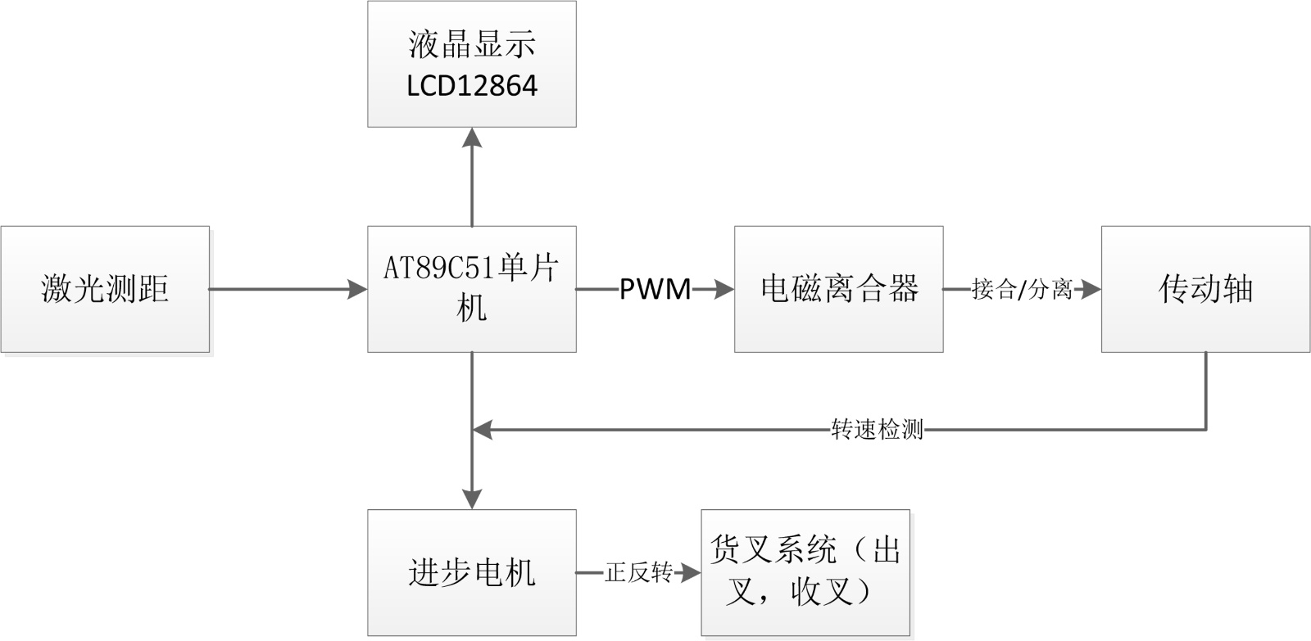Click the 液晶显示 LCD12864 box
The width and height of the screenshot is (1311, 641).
click(x=471, y=64)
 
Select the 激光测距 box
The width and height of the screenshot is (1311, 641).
click(x=105, y=289)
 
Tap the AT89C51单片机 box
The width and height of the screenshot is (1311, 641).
click(x=471, y=289)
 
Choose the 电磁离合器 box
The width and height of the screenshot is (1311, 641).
click(x=838, y=289)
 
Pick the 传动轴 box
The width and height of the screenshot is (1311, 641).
click(x=1205, y=289)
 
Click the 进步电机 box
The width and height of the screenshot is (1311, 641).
click(x=471, y=572)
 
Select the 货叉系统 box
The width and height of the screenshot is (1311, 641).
click(x=805, y=572)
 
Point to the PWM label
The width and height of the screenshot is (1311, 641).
click(x=655, y=289)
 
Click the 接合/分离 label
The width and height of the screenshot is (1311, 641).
click(x=1022, y=289)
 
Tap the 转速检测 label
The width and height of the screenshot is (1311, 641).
click(x=877, y=428)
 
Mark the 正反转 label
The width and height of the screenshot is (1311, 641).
click(x=638, y=572)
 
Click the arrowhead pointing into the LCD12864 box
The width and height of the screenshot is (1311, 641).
click(x=472, y=138)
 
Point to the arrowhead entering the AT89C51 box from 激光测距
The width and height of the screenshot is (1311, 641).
click(x=357, y=289)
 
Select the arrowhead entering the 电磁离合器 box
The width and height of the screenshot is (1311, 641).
click(x=724, y=289)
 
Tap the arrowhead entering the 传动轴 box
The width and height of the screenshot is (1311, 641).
click(x=1091, y=289)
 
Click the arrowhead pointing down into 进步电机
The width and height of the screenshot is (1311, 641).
click(x=472, y=499)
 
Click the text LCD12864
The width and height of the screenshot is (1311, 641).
click(x=472, y=86)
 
